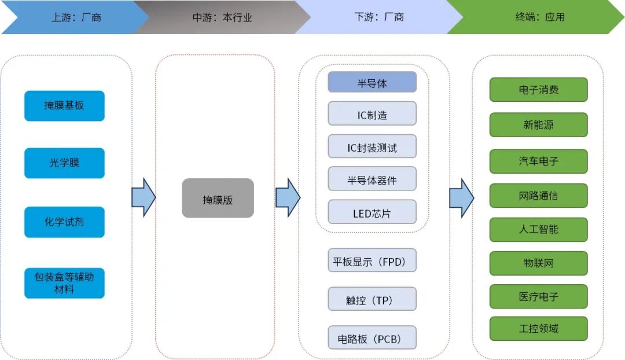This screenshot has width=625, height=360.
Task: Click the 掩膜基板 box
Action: click(64, 106)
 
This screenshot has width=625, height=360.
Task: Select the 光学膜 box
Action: click(64, 163)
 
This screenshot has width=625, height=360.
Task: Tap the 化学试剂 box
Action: click(64, 222)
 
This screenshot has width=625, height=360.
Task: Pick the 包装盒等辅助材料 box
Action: click(64, 283)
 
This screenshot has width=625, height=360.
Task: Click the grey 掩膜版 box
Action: click(218, 199)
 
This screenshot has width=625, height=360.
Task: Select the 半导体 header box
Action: click(372, 82)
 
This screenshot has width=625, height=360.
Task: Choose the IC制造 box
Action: click(372, 114)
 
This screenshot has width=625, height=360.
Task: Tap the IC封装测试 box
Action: click(372, 147)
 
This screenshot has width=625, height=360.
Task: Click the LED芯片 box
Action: click(372, 212)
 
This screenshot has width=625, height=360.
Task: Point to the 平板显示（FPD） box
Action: click(372, 261)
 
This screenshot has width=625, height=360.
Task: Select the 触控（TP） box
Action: click(372, 299)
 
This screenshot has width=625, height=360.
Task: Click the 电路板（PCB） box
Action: click(372, 338)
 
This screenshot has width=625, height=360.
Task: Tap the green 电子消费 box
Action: click(538, 90)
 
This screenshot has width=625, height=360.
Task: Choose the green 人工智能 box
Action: click(538, 230)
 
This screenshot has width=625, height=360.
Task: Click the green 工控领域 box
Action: click(538, 329)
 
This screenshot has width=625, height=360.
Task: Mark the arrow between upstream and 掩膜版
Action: click(144, 198)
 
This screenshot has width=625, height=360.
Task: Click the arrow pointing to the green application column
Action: click(461, 198)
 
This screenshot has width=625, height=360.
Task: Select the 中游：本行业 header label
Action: click(222, 17)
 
